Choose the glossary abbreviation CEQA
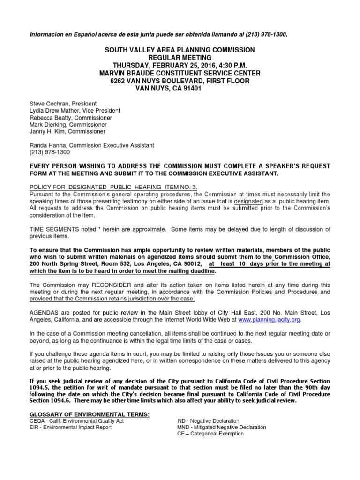[x=38, y=421]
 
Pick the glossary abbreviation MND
[x=183, y=427]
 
